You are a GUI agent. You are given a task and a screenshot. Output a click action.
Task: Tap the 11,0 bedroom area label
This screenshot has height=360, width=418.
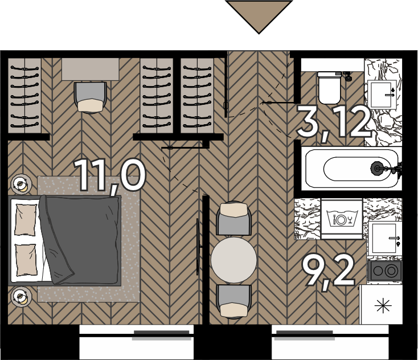(x=110, y=177)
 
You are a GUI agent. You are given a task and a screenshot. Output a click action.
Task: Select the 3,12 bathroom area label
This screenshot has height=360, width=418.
(x=334, y=122)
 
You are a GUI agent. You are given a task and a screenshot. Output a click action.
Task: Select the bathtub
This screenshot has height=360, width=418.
(x=351, y=169)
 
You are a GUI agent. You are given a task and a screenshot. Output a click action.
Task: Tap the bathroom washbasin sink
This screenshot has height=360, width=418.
(x=382, y=95)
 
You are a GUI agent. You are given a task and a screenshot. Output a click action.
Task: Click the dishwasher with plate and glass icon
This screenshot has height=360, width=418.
(x=342, y=219)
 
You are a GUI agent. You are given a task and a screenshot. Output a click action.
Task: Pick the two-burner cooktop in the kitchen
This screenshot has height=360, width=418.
(x=384, y=271)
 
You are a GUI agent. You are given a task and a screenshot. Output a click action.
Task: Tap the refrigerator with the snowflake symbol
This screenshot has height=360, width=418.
(x=381, y=305)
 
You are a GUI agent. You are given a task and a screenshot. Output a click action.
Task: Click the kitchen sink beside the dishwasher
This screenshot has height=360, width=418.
(x=384, y=239)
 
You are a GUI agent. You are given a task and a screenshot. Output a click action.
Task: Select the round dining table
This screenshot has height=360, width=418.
(x=234, y=260)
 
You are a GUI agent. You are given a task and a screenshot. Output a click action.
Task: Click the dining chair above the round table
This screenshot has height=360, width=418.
(x=234, y=218)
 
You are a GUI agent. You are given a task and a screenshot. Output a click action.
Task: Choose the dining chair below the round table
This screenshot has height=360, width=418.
(x=234, y=301)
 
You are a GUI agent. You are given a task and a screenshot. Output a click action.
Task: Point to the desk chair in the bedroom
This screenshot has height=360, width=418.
(x=91, y=97)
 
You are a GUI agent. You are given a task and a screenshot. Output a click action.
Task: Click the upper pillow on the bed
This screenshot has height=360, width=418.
(x=26, y=220)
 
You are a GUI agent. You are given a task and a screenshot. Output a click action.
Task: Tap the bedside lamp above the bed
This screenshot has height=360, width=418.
(x=21, y=184)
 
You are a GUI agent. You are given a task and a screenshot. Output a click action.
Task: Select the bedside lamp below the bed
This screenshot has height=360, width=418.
(x=21, y=297)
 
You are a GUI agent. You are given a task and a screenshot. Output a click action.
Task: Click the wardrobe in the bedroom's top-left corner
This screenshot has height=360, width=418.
(x=24, y=96)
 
